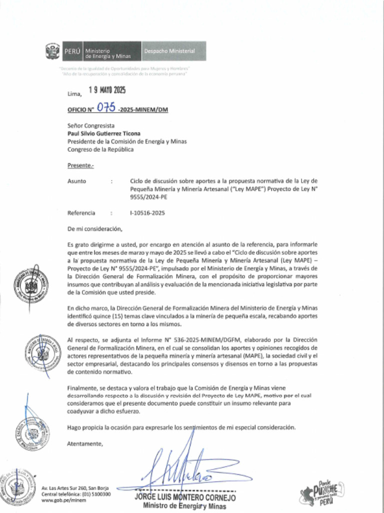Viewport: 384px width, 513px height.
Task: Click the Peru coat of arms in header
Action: click(x=52, y=51)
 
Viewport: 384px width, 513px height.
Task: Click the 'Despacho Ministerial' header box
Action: click(x=169, y=51)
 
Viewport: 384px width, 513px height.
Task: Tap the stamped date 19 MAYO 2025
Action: click(x=107, y=91)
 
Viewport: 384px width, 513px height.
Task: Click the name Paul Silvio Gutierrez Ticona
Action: click(x=104, y=134)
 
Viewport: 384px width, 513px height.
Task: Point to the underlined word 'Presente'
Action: click(x=80, y=165)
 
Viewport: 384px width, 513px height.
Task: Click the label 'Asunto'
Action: click(x=76, y=181)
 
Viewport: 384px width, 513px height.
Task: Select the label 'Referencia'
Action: click(x=81, y=213)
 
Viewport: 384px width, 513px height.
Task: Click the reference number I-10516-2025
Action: click(x=147, y=213)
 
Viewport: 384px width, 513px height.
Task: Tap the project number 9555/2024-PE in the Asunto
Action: click(x=148, y=197)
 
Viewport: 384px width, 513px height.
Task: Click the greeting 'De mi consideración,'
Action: click(x=94, y=229)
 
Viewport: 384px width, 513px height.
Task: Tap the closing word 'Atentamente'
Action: click(x=85, y=443)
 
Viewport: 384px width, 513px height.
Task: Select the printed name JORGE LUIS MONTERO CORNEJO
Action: click(x=185, y=498)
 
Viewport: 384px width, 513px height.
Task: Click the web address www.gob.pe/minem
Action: click(x=57, y=500)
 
